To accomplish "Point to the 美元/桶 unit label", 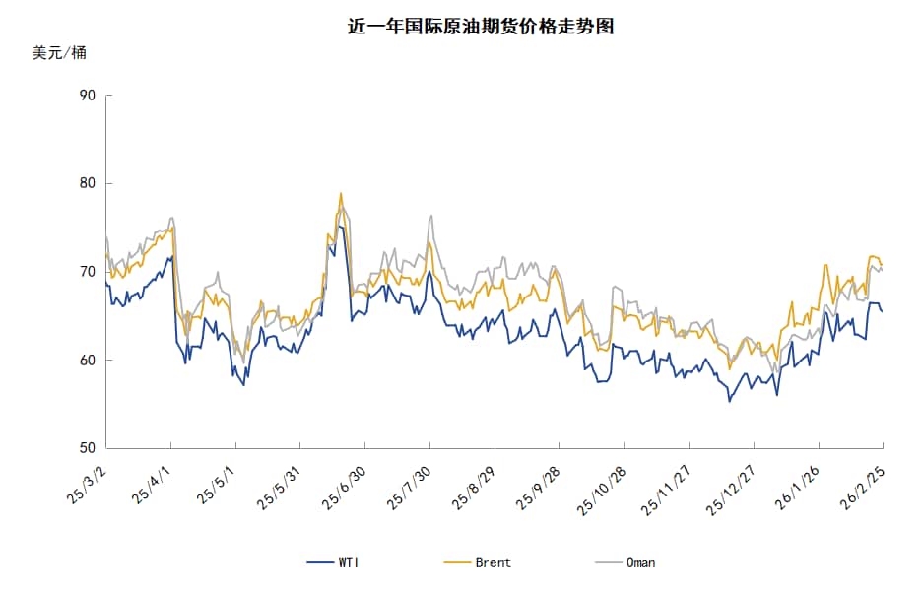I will click(x=59, y=53).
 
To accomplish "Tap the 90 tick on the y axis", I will click(x=88, y=96).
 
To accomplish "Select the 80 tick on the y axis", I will click(x=88, y=183).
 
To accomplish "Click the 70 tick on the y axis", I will click(x=88, y=272).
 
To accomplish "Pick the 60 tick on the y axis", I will click(x=88, y=361).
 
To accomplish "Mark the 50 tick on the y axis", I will click(x=88, y=448).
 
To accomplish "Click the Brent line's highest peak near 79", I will click(x=341, y=194).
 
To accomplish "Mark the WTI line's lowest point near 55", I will click(x=729, y=401).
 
